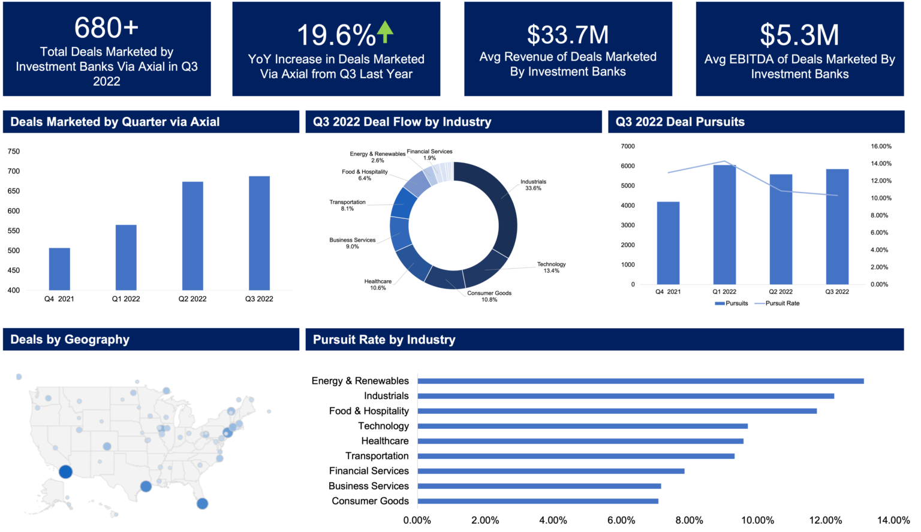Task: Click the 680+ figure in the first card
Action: [x=107, y=28]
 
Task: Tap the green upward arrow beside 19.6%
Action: [x=385, y=32]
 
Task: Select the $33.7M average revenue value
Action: [x=568, y=35]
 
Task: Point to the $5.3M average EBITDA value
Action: [x=799, y=35]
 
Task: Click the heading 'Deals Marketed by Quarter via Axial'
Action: [x=115, y=122]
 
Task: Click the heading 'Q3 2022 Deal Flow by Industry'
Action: [x=402, y=122]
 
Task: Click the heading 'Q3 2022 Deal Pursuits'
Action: [x=680, y=122]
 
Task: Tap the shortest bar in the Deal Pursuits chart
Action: [x=668, y=242]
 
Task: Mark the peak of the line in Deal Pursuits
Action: [x=725, y=161]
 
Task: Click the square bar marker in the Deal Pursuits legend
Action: [x=720, y=303]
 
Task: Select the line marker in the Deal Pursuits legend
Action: [x=760, y=303]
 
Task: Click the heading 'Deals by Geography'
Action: [x=70, y=339]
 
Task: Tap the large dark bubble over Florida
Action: [x=203, y=503]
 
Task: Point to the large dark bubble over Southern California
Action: [x=66, y=472]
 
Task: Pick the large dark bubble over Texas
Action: [x=145, y=486]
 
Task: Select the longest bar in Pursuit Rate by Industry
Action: [x=641, y=381]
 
